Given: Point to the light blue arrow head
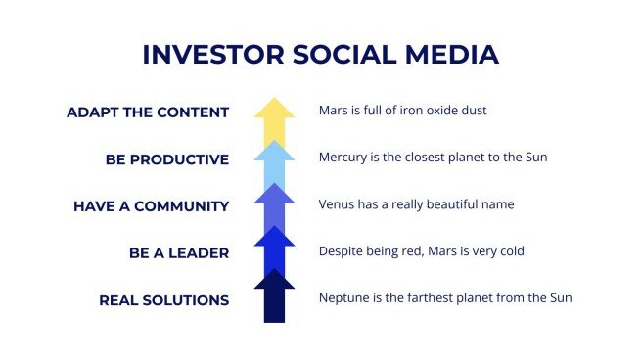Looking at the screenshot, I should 274,155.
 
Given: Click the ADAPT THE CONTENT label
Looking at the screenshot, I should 148,112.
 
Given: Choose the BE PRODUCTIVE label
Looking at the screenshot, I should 167,159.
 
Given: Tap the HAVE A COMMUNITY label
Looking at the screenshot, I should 151,206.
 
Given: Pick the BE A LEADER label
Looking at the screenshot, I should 179,252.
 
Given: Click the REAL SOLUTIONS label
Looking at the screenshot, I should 164,300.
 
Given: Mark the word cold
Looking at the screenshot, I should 510,251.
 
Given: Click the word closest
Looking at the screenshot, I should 433,157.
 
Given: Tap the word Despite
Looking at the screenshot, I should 341,251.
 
